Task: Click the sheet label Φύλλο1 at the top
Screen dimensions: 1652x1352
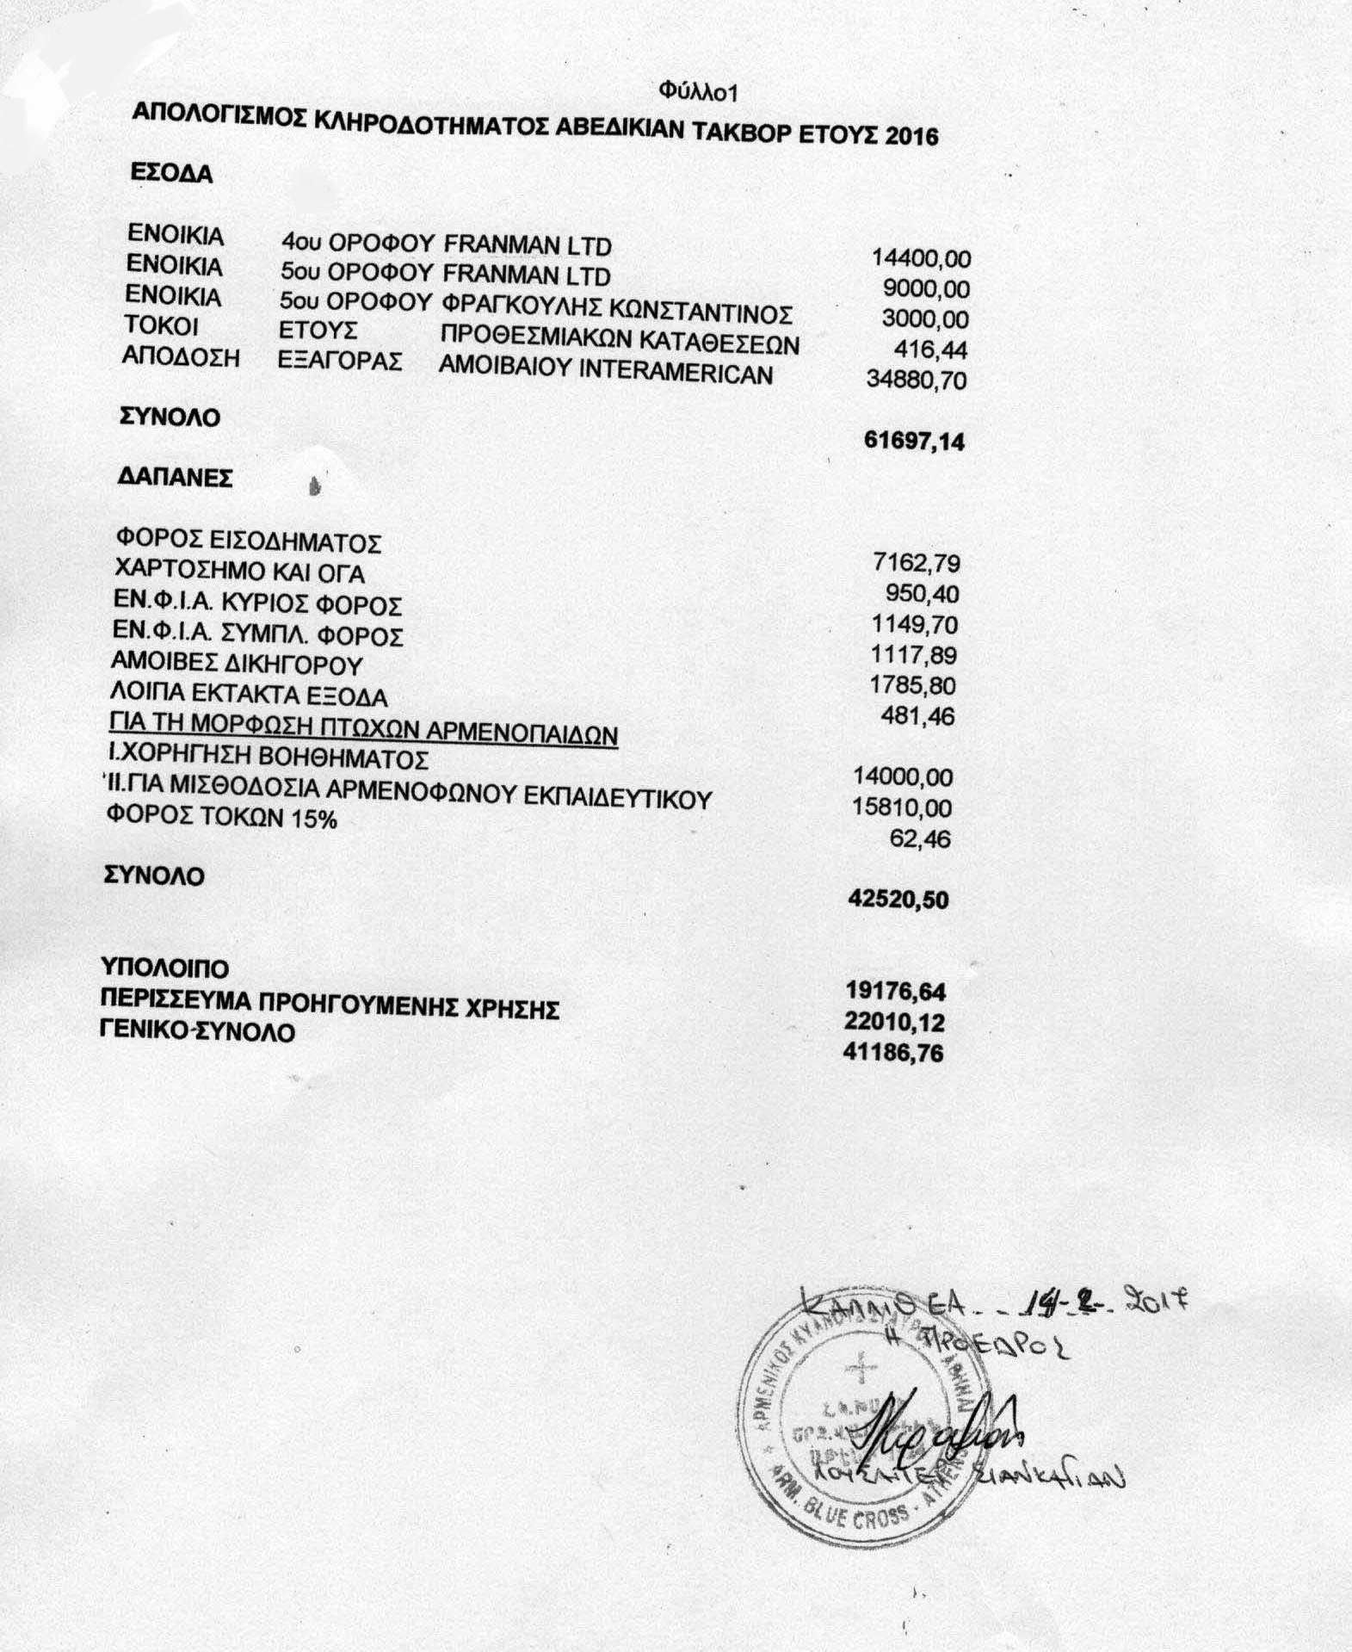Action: (699, 90)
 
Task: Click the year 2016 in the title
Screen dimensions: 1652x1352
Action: (911, 137)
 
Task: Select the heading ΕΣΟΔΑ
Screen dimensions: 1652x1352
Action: (171, 173)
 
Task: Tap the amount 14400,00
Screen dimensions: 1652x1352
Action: (921, 257)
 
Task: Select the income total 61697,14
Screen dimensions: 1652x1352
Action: (913, 442)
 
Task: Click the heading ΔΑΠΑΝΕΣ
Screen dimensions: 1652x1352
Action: (175, 479)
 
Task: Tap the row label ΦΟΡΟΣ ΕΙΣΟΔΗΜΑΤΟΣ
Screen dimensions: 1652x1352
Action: (248, 542)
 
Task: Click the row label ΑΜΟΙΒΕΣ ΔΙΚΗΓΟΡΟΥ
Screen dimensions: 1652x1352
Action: (237, 665)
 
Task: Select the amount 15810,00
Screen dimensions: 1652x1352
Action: (902, 807)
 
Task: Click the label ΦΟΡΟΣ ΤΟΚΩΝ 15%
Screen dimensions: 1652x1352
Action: (221, 819)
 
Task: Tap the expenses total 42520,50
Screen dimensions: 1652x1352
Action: (898, 900)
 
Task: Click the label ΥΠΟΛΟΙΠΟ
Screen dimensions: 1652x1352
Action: (166, 968)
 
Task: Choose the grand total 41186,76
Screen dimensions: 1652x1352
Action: (895, 1053)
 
